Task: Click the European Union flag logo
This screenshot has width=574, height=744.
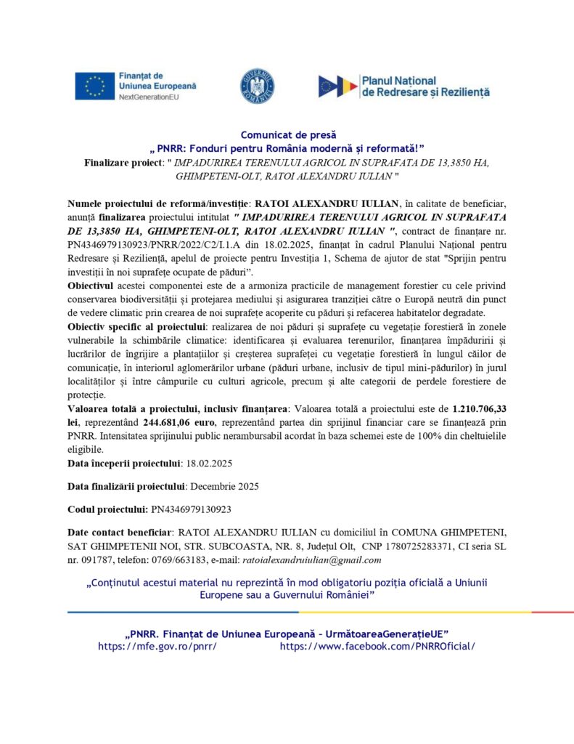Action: click(94, 86)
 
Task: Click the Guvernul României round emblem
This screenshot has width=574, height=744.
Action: click(257, 86)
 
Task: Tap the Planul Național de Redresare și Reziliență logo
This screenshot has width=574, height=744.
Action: click(403, 86)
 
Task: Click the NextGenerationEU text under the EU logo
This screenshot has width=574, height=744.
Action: click(149, 97)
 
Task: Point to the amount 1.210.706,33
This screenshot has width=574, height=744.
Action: click(480, 410)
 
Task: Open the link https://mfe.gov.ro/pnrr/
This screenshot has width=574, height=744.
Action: click(157, 646)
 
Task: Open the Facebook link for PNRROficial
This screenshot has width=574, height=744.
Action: click(377, 646)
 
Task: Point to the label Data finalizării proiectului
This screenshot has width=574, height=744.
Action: click(127, 486)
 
